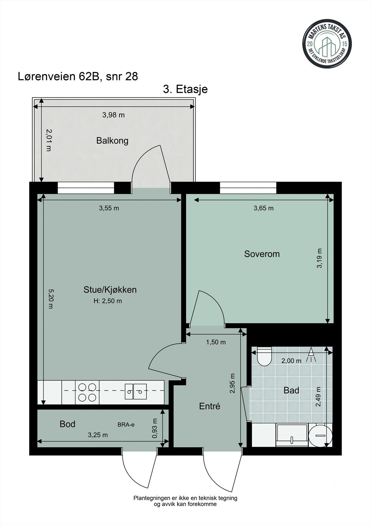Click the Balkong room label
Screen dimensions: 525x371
(x=112, y=141)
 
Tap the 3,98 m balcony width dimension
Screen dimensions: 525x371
(x=113, y=115)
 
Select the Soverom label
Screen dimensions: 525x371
(x=262, y=254)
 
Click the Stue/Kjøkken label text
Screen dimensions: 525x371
(x=110, y=290)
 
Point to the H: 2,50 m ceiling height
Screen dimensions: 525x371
(x=108, y=301)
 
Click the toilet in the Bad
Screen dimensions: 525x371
(x=264, y=356)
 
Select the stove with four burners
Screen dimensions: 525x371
(x=87, y=392)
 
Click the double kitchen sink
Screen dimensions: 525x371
(x=135, y=391)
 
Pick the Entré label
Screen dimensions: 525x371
(x=210, y=406)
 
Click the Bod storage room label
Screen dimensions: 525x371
(x=68, y=424)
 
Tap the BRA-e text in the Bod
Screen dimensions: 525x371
(x=126, y=425)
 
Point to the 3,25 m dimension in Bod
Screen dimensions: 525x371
(x=98, y=435)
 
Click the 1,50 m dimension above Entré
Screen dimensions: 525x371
(x=216, y=342)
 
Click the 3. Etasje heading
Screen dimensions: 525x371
(x=185, y=89)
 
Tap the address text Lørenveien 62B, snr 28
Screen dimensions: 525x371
(x=78, y=76)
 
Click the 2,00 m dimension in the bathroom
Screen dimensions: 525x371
(x=291, y=361)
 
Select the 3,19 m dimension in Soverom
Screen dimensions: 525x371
(x=319, y=258)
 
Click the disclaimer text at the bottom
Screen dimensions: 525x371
(x=185, y=501)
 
